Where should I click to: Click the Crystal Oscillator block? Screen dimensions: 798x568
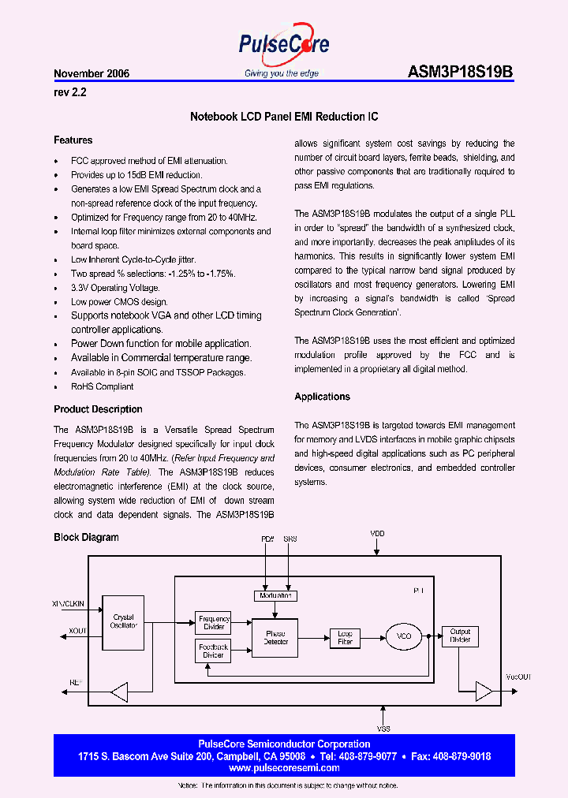tap(124, 621)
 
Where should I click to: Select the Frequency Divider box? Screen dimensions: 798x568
tap(214, 623)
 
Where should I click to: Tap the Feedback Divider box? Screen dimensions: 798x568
tap(213, 651)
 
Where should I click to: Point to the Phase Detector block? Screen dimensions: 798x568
tap(275, 637)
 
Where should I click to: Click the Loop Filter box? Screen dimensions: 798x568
tap(345, 637)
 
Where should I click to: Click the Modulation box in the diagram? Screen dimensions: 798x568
tap(275, 595)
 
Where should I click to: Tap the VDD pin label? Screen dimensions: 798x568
tap(378, 534)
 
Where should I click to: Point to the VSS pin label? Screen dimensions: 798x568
tap(384, 729)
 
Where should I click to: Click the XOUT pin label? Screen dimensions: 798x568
tap(78, 632)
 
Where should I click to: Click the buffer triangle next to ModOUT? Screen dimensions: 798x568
tap(482, 692)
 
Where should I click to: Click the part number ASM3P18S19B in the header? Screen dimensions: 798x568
tap(461, 73)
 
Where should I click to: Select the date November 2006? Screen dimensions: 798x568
tap(92, 73)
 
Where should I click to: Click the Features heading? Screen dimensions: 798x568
tap(73, 140)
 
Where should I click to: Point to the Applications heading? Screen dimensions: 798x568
tap(322, 397)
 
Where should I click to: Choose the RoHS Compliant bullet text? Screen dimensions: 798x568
tap(103, 386)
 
